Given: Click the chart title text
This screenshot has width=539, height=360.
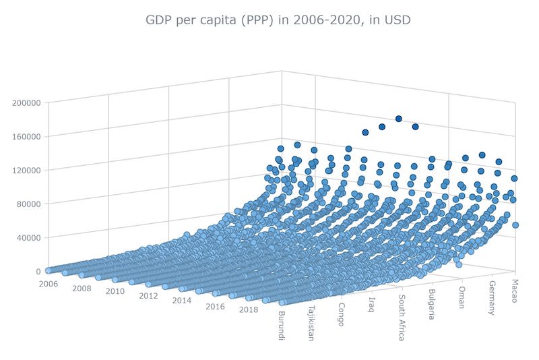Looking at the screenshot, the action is (278, 20).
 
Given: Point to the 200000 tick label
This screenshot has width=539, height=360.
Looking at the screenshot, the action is (26, 102).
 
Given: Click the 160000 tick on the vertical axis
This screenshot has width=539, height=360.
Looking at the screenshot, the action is (26, 136).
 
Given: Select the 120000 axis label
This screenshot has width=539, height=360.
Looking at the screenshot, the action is (26, 170).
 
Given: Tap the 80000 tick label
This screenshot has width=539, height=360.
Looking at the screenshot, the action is (28, 204).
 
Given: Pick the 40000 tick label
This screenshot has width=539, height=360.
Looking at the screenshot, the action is (28, 237).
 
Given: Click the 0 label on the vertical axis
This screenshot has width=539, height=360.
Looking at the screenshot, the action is (38, 271).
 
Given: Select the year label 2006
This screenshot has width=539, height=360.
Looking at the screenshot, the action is (49, 284).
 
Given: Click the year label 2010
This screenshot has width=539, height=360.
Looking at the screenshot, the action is (115, 292).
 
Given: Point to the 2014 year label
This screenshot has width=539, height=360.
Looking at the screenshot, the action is (182, 301).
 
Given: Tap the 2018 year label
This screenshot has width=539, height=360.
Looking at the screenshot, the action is (249, 310).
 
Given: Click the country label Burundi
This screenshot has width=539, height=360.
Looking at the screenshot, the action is (282, 326).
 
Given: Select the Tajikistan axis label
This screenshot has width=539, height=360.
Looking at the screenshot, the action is (311, 323).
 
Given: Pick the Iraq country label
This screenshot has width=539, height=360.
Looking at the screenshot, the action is (371, 305).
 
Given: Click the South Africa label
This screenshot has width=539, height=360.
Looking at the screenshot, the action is (401, 318).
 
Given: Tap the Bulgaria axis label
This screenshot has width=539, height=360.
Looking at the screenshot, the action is (432, 304).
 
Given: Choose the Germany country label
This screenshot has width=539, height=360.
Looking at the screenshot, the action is (493, 298).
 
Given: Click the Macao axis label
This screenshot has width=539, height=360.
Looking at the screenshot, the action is (514, 291).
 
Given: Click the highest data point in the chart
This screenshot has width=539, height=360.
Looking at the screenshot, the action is (399, 119).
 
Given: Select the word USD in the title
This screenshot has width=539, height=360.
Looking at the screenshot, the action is (398, 20).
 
